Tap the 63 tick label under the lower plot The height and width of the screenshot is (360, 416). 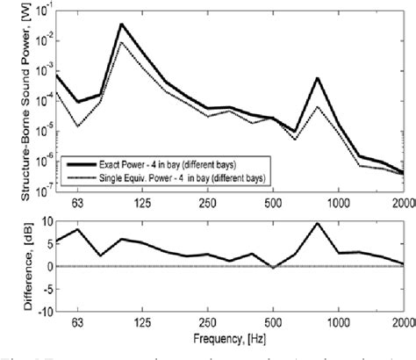click(78, 320)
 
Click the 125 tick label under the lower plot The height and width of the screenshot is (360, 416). click(142, 320)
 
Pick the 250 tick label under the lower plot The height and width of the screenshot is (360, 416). click(208, 320)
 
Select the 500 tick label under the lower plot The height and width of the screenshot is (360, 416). click(273, 320)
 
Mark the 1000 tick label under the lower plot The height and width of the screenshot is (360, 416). click(339, 320)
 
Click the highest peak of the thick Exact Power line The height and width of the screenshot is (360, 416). click(121, 25)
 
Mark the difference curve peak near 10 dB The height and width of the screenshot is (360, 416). click(317, 223)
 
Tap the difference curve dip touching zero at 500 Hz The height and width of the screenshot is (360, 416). click(273, 267)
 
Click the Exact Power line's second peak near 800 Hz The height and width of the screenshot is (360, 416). click(317, 78)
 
